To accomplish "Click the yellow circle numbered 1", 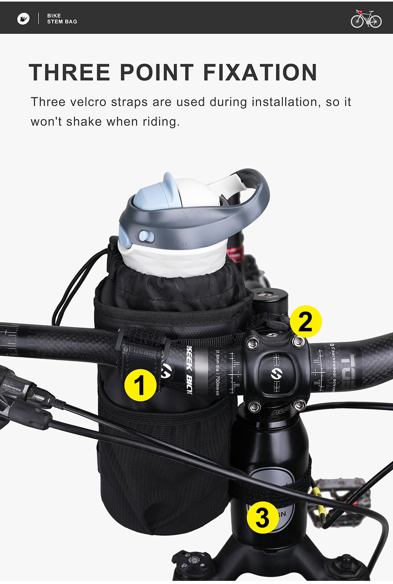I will (x=140, y=385).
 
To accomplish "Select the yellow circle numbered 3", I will (x=263, y=517).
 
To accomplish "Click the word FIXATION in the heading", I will (x=260, y=72).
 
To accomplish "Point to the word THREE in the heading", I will (x=70, y=72).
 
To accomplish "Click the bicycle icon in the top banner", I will (x=366, y=18).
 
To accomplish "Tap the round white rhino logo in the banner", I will (x=24, y=18).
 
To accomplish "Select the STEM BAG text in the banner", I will (x=62, y=22).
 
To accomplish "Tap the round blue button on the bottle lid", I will (x=145, y=236).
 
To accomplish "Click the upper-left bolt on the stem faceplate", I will (x=252, y=344).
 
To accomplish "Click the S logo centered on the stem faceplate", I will (x=276, y=374).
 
